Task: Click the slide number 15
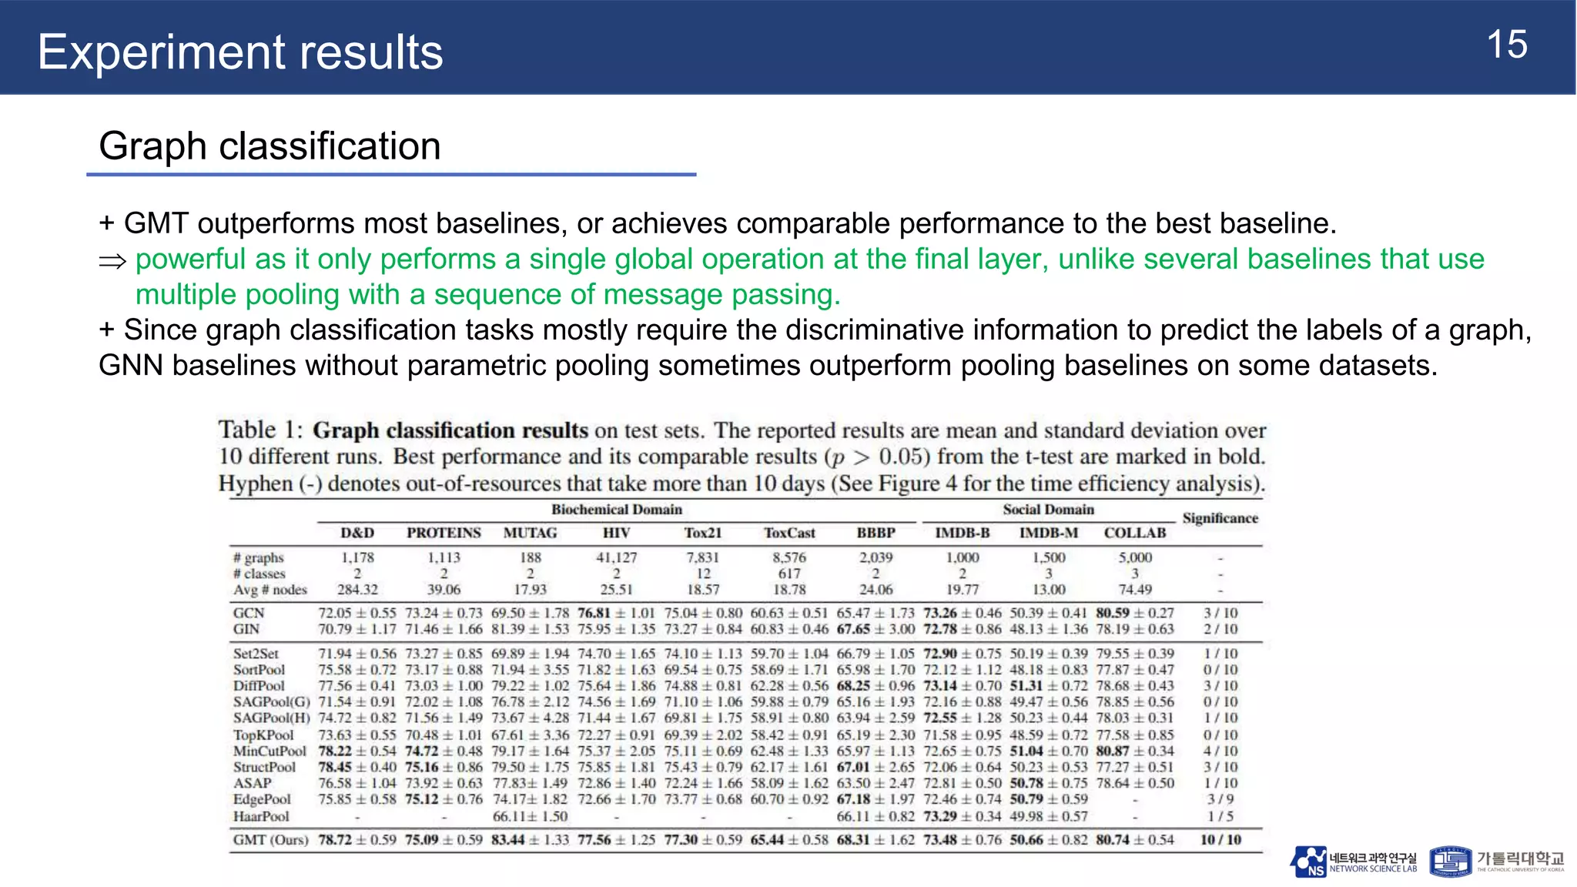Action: (1506, 45)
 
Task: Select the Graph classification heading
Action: (270, 146)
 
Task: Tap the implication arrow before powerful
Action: (112, 262)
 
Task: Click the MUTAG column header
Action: (530, 533)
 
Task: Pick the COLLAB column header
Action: (1134, 533)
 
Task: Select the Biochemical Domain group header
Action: (616, 510)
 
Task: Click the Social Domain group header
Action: (1048, 510)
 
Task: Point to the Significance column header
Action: (1220, 518)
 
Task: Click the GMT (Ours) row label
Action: (270, 840)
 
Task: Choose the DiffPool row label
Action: (259, 686)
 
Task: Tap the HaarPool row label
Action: (261, 816)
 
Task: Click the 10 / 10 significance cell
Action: (1220, 840)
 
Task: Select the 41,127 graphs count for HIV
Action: (616, 557)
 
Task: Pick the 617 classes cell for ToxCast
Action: (789, 574)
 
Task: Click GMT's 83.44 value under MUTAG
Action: (509, 840)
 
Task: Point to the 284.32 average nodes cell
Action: (357, 590)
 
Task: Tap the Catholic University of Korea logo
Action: (1496, 862)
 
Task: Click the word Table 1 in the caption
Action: (260, 430)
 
